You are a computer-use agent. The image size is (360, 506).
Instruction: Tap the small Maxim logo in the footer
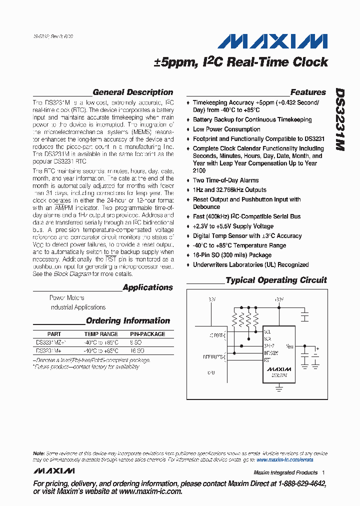[x=54, y=471]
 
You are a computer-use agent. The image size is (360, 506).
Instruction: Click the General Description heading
[x=132, y=92]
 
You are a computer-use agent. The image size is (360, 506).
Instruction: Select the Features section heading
[x=308, y=92]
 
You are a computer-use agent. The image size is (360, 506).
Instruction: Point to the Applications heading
[x=147, y=287]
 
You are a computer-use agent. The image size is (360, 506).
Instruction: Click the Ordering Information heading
[x=128, y=320]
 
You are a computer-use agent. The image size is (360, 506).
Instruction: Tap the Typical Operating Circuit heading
[x=276, y=280]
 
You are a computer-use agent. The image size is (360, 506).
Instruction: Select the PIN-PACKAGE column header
[x=147, y=334]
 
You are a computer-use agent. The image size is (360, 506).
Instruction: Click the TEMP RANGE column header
[x=101, y=334]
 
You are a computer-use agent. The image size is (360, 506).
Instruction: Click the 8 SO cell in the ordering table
[x=135, y=343]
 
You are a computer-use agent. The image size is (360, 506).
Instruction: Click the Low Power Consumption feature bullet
[x=226, y=129]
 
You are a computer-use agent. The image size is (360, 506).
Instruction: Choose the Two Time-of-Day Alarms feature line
[x=226, y=180]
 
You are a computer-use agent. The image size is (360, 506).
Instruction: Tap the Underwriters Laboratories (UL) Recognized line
[x=250, y=264]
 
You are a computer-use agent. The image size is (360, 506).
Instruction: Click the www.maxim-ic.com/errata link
[x=284, y=459]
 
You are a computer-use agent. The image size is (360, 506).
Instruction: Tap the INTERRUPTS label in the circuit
[x=214, y=356]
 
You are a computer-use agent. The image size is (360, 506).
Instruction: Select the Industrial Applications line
[x=77, y=307]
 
